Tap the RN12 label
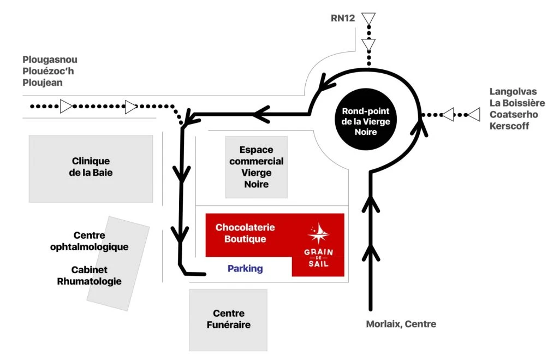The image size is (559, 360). pyautogui.click(x=343, y=18)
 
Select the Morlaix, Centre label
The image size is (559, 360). pyautogui.click(x=401, y=324)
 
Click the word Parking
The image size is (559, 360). pyautogui.click(x=245, y=269)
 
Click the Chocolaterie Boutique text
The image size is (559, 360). pyautogui.click(x=245, y=233)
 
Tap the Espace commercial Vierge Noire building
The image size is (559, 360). pyautogui.click(x=257, y=167)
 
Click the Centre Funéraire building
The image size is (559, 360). pyautogui.click(x=228, y=319)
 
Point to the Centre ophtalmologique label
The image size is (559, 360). pyautogui.click(x=89, y=241)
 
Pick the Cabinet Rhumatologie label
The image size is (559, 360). pyautogui.click(x=89, y=276)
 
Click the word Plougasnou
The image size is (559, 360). pyautogui.click(x=50, y=60)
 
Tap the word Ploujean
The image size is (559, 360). pyautogui.click(x=43, y=82)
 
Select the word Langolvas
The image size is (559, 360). pyautogui.click(x=513, y=91)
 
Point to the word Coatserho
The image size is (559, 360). pyautogui.click(x=514, y=115)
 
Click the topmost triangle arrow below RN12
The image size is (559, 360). pyautogui.click(x=369, y=20)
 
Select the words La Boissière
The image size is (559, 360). pyautogui.click(x=517, y=103)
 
